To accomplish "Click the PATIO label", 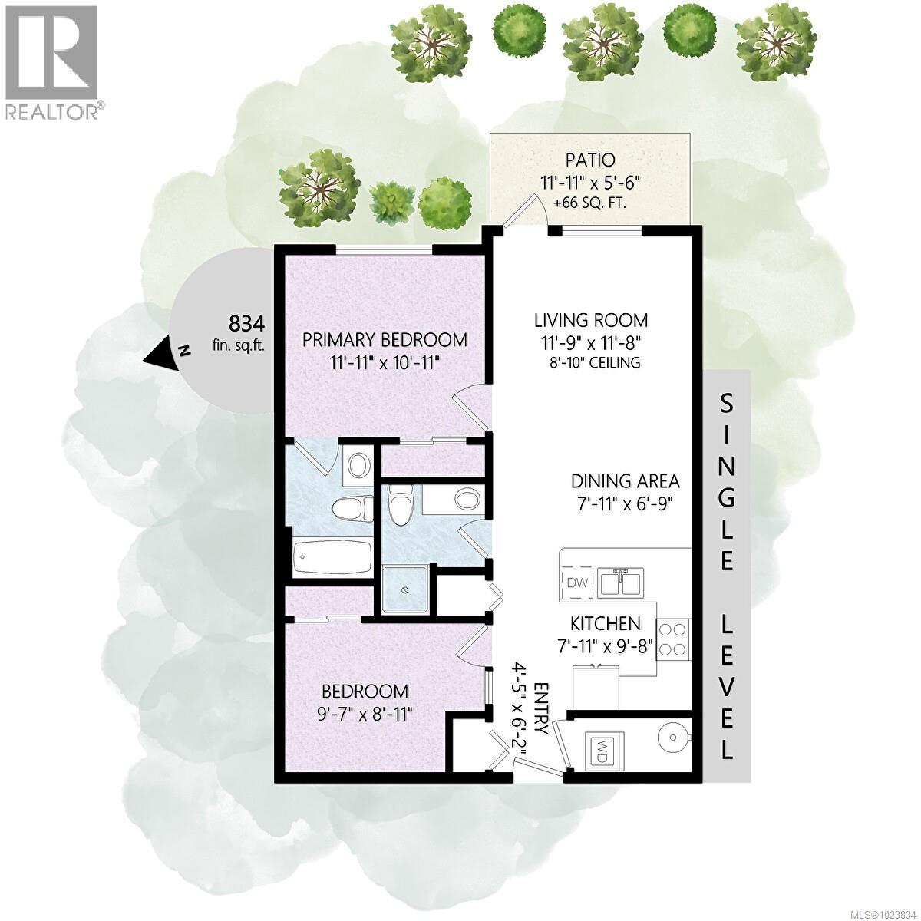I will tap(590, 160).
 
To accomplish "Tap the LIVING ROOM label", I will tap(591, 319).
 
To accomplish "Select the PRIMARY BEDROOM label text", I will tap(385, 339).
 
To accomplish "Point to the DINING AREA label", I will tap(625, 481).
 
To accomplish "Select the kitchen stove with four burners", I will tap(673, 638).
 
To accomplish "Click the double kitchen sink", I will tap(622, 583).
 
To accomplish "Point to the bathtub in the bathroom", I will tap(332, 554).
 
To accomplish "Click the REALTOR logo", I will tap(51, 61).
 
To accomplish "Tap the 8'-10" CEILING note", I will tap(591, 362).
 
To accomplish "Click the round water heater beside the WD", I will tap(674, 739).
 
